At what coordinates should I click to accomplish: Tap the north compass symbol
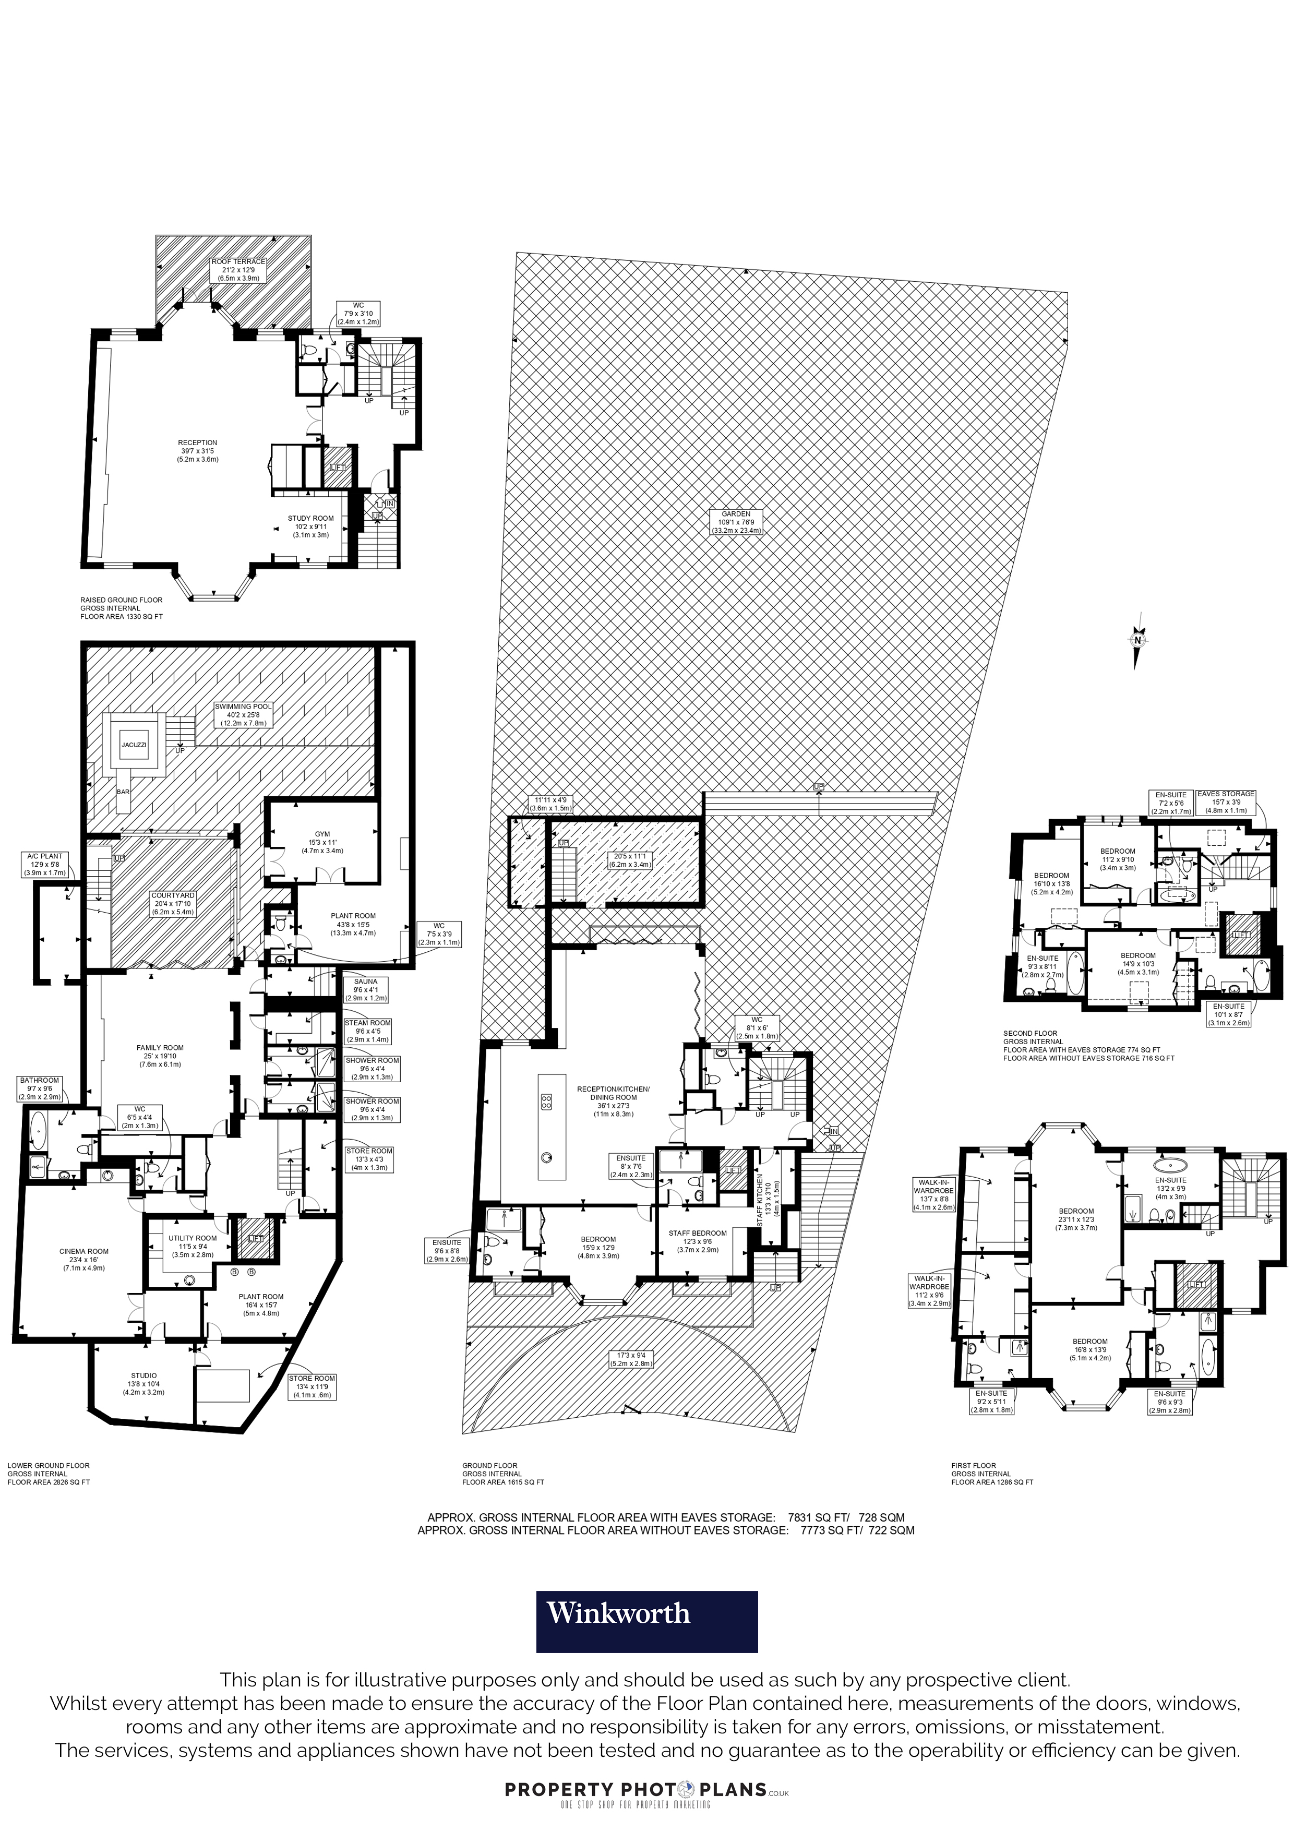tap(1139, 638)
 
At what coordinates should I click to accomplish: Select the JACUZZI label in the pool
tap(134, 745)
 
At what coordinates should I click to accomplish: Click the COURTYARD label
tap(173, 903)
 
